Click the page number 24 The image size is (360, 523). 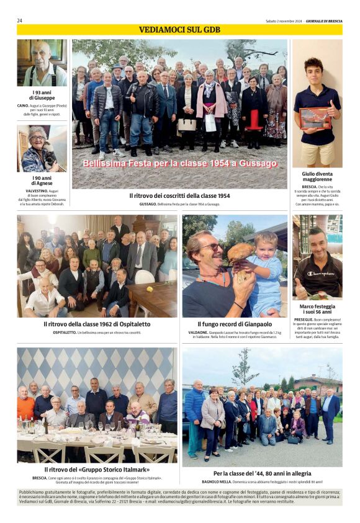click(20, 20)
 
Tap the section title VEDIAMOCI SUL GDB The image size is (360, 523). click(179, 30)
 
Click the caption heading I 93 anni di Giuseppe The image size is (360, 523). click(42, 95)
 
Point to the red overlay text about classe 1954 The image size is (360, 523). click(179, 164)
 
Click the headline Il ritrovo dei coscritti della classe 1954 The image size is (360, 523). click(179, 195)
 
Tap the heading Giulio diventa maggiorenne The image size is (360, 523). click(317, 177)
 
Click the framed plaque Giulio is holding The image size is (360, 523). click(315, 117)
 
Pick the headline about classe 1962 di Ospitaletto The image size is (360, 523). click(97, 324)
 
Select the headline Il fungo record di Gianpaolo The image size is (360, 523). click(235, 324)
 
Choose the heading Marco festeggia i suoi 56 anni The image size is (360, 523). click(317, 309)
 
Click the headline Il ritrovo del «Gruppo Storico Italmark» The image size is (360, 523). click(97, 469)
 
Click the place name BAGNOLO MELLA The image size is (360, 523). click(217, 482)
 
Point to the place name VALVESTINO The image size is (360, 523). click(37, 191)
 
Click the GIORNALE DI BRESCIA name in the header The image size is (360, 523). click(324, 20)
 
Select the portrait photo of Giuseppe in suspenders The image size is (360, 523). click(42, 63)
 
